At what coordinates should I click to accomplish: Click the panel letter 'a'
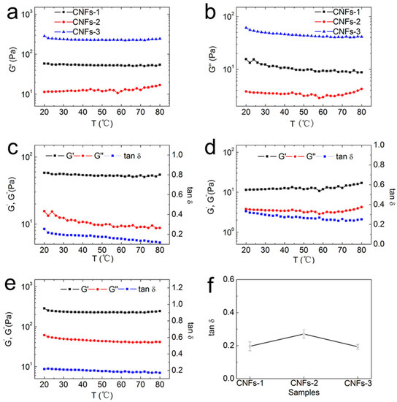12,13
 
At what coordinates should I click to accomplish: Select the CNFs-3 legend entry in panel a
77,31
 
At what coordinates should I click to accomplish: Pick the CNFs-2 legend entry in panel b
338,21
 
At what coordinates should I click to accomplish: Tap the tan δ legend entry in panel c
123,156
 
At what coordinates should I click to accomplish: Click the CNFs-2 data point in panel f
304,334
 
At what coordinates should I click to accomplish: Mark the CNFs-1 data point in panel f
250,346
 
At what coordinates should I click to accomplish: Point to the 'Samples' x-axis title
304,392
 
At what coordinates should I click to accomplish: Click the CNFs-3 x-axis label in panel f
358,383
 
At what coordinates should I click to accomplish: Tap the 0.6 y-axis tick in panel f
228,279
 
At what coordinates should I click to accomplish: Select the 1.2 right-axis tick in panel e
177,288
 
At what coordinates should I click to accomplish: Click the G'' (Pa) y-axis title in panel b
212,59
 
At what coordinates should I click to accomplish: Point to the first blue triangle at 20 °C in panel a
45,36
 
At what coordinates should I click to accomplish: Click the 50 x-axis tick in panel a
102,112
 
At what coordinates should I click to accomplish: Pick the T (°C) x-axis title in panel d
304,260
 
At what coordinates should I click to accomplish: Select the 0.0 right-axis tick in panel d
379,243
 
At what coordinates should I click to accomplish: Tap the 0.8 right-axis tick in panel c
177,175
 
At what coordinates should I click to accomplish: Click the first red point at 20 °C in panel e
45,335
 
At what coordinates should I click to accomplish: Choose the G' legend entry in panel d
272,156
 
